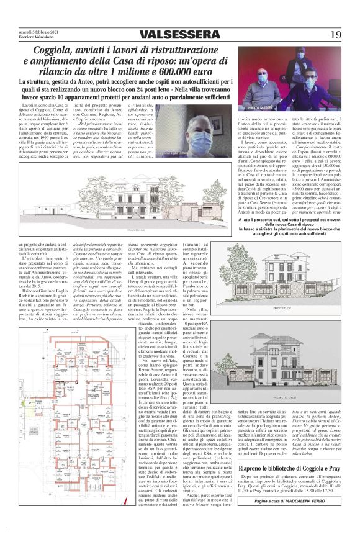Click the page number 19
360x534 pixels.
click(x=335, y=34)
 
